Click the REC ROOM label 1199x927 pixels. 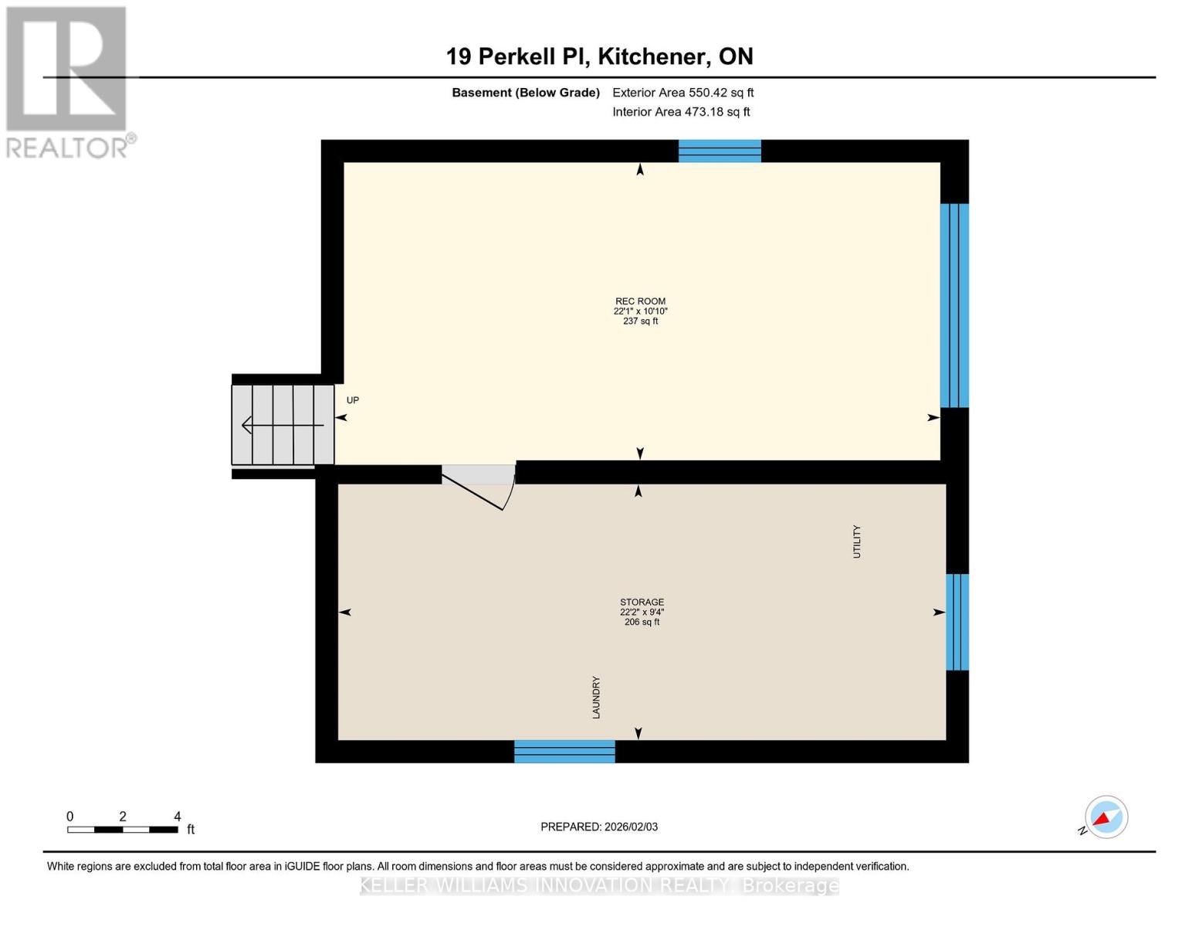640,302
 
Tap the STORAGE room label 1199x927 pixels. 642,603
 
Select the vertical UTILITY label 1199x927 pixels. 856,542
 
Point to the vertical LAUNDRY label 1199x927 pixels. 596,698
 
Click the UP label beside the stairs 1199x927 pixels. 353,400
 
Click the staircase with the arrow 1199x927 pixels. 283,425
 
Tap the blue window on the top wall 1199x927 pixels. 720,151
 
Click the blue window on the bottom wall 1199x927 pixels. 564,751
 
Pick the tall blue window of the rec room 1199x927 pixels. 954,305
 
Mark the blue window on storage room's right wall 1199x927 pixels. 957,622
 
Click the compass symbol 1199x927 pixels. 1106,817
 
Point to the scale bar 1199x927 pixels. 123,830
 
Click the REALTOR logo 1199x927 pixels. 68,81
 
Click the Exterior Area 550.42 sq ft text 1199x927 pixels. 682,93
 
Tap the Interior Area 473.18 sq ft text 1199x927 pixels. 681,112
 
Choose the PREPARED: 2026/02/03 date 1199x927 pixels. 599,827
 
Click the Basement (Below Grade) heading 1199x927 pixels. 525,93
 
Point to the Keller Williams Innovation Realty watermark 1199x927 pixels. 599,885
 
